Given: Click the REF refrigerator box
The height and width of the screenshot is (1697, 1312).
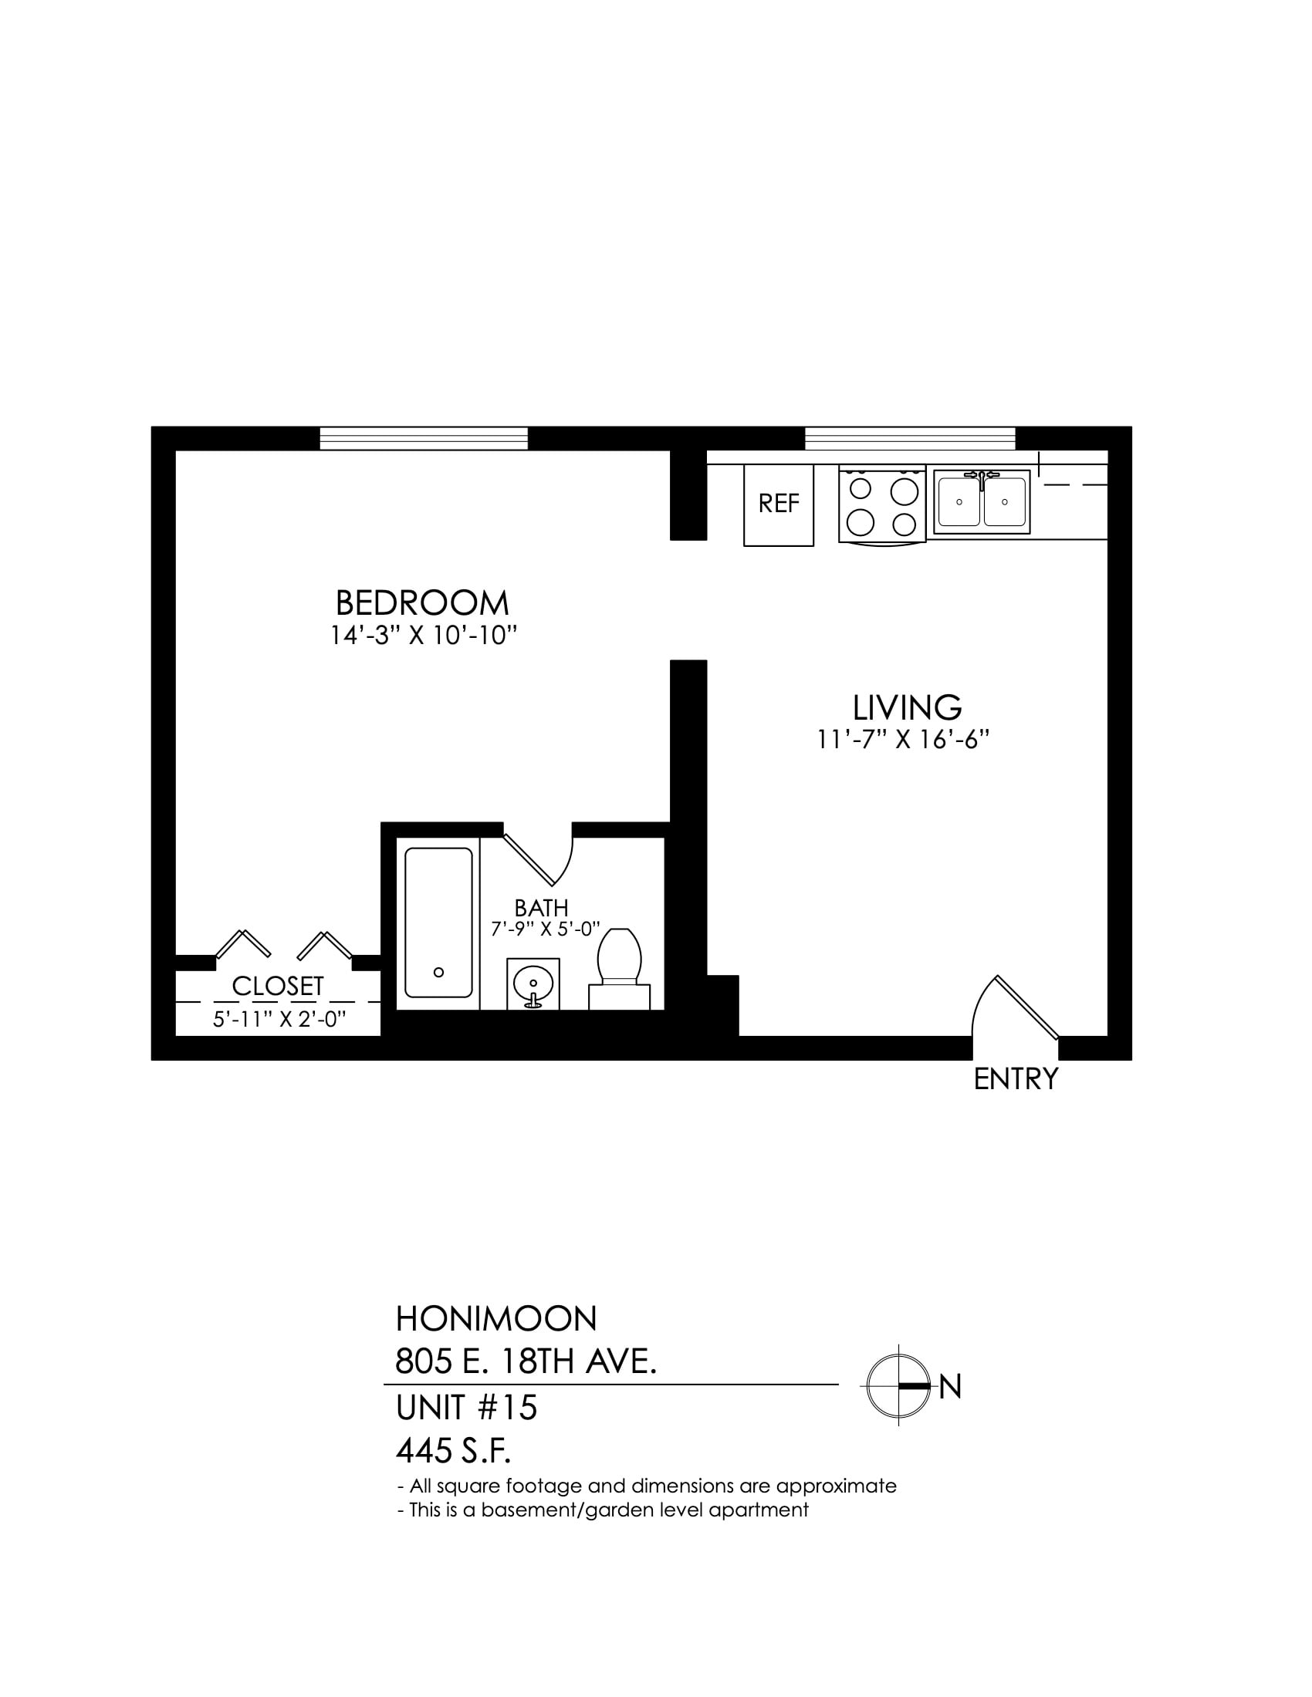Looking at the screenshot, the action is point(778,504).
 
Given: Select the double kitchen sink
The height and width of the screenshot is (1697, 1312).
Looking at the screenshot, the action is point(982,501).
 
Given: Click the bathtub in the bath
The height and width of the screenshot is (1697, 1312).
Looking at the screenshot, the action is point(438,923).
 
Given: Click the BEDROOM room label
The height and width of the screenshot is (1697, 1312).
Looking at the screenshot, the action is point(422,603).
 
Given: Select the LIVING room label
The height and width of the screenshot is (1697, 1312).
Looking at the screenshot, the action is point(907,707).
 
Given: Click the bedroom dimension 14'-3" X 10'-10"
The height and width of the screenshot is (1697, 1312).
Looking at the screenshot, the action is point(424,636).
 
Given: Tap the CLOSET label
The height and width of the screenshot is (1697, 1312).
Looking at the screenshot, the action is point(278,986).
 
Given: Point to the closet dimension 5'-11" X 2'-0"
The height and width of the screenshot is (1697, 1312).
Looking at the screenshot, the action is point(279,1019).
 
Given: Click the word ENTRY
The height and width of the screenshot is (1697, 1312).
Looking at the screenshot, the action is point(1016,1078).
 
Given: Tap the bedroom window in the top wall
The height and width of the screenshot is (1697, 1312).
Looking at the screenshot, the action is point(424,438).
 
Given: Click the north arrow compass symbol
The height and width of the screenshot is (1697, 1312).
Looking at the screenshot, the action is point(899,1385).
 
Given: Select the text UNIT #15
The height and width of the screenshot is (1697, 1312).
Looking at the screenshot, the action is point(466,1408).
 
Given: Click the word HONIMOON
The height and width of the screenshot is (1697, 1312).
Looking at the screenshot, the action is point(496,1317).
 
